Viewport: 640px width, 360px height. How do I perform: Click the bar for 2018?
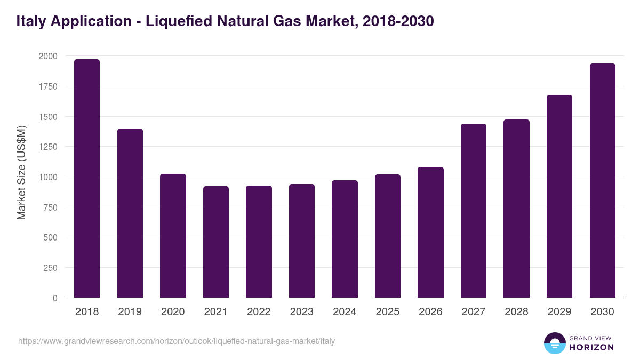coord(87,179)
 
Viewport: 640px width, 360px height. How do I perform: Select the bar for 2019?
coord(130,213)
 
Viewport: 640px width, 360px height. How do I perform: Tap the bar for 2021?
coord(216,242)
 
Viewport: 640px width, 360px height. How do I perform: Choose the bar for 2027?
coord(474,211)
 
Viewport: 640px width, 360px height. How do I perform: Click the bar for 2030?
coord(603,181)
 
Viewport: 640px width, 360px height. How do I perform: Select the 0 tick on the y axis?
coord(55,298)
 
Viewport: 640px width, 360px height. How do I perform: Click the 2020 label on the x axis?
coord(173,312)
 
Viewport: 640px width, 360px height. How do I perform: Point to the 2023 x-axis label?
coord(302,312)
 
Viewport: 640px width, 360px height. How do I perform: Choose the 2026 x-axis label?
coord(430,312)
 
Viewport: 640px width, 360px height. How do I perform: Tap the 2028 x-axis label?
coord(516,312)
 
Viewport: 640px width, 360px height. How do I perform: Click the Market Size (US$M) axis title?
coord(21,172)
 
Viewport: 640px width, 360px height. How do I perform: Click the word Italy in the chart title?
coord(31,21)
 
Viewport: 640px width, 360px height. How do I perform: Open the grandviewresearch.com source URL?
coord(177,341)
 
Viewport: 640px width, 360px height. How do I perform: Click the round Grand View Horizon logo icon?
coord(555,343)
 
